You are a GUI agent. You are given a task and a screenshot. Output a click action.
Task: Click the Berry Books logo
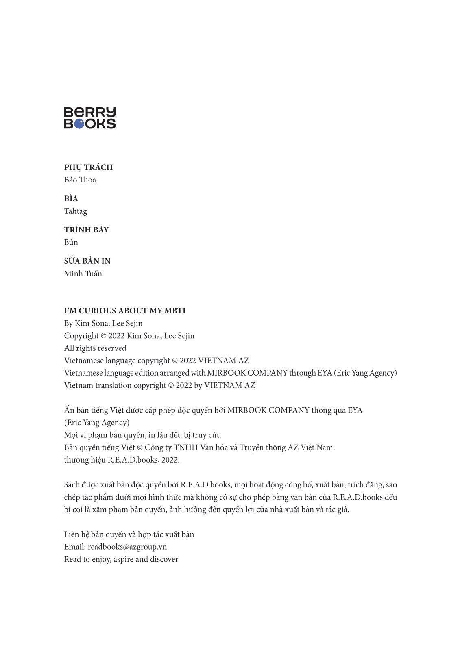(x=90, y=118)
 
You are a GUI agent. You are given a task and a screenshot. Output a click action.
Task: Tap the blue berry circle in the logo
(x=80, y=124)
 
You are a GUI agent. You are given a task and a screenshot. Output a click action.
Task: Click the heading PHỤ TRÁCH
(x=88, y=167)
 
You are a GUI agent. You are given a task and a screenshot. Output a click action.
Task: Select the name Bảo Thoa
(x=80, y=180)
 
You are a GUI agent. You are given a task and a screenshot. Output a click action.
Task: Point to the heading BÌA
(x=71, y=199)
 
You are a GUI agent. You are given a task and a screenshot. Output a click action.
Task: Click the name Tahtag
(x=76, y=211)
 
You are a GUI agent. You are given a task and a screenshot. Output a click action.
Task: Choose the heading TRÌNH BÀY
(x=86, y=230)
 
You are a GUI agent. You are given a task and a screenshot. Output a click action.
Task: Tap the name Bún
(x=71, y=242)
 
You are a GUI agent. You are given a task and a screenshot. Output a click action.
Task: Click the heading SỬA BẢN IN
(x=87, y=261)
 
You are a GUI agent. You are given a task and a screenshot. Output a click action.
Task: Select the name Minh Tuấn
(x=83, y=274)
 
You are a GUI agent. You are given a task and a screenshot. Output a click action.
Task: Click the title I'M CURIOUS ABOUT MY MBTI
(x=124, y=311)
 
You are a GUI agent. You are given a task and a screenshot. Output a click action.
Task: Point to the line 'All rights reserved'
(x=95, y=348)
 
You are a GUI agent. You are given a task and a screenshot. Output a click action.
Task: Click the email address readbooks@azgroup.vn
(x=127, y=547)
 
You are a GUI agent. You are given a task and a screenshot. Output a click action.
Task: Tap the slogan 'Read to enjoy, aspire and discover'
(x=121, y=559)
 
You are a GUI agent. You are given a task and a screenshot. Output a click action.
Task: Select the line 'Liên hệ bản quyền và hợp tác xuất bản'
(x=129, y=534)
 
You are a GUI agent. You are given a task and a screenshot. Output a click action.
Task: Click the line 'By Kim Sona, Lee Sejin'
(x=103, y=324)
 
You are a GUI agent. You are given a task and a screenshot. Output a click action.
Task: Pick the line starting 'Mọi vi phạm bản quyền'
(x=142, y=435)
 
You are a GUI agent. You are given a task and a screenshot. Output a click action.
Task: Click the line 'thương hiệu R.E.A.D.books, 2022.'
(x=122, y=460)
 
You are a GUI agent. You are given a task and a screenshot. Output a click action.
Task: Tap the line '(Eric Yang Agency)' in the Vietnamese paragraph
(x=97, y=423)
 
